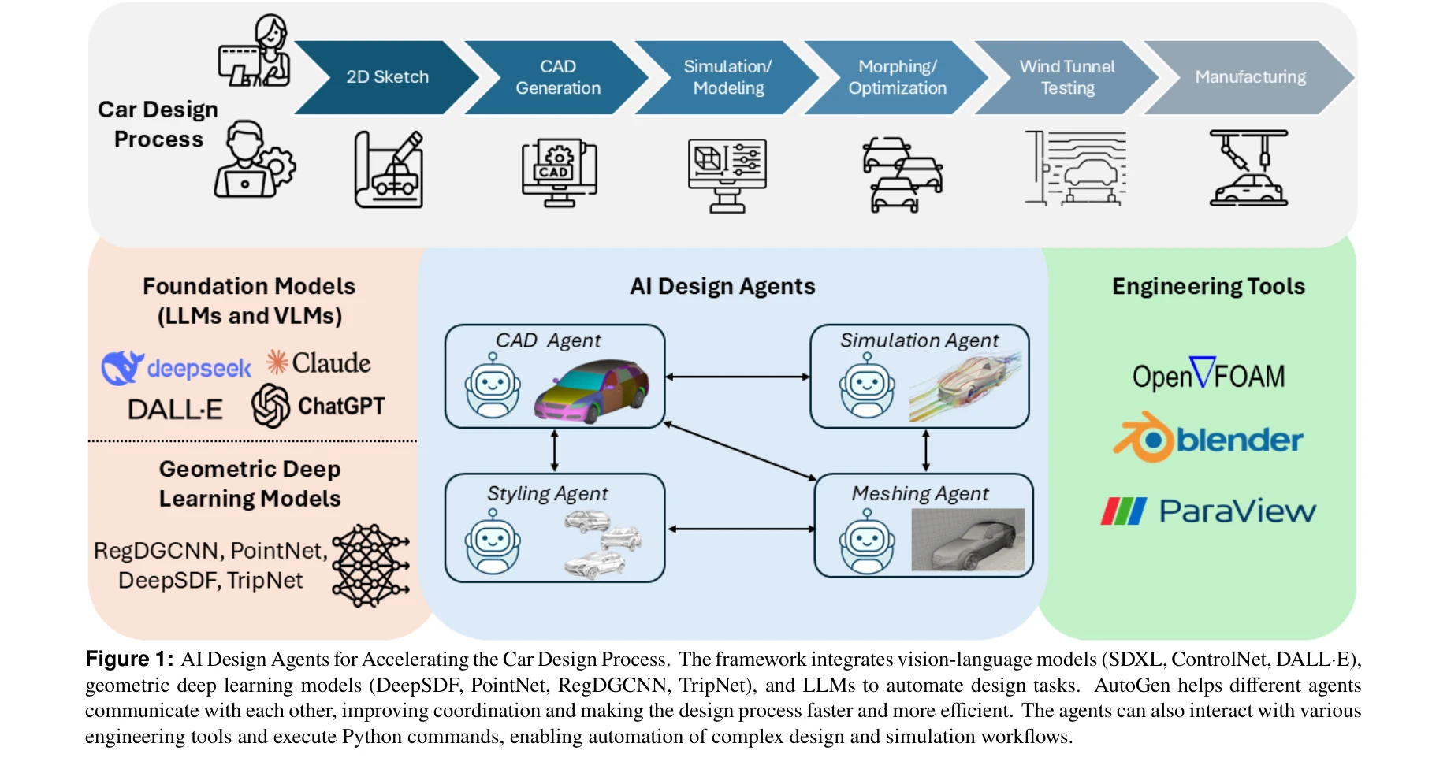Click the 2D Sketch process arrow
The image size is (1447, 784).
point(387,77)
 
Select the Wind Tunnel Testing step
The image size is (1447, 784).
point(1067,77)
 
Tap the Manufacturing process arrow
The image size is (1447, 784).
point(1250,77)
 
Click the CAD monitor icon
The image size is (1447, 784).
point(559,173)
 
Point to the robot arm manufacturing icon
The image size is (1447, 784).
point(1248,169)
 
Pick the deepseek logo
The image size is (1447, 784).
point(176,368)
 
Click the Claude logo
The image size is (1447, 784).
point(318,362)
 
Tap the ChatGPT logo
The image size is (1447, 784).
point(318,406)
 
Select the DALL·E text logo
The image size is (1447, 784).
point(175,410)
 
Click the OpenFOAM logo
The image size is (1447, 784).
point(1208,374)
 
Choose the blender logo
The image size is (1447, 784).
point(1208,438)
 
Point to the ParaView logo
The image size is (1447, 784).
point(1208,511)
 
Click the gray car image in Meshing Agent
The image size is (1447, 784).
point(968,539)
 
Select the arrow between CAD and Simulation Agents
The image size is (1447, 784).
point(738,377)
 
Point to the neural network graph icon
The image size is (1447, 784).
point(370,565)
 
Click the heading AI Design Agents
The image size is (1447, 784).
point(722,286)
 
